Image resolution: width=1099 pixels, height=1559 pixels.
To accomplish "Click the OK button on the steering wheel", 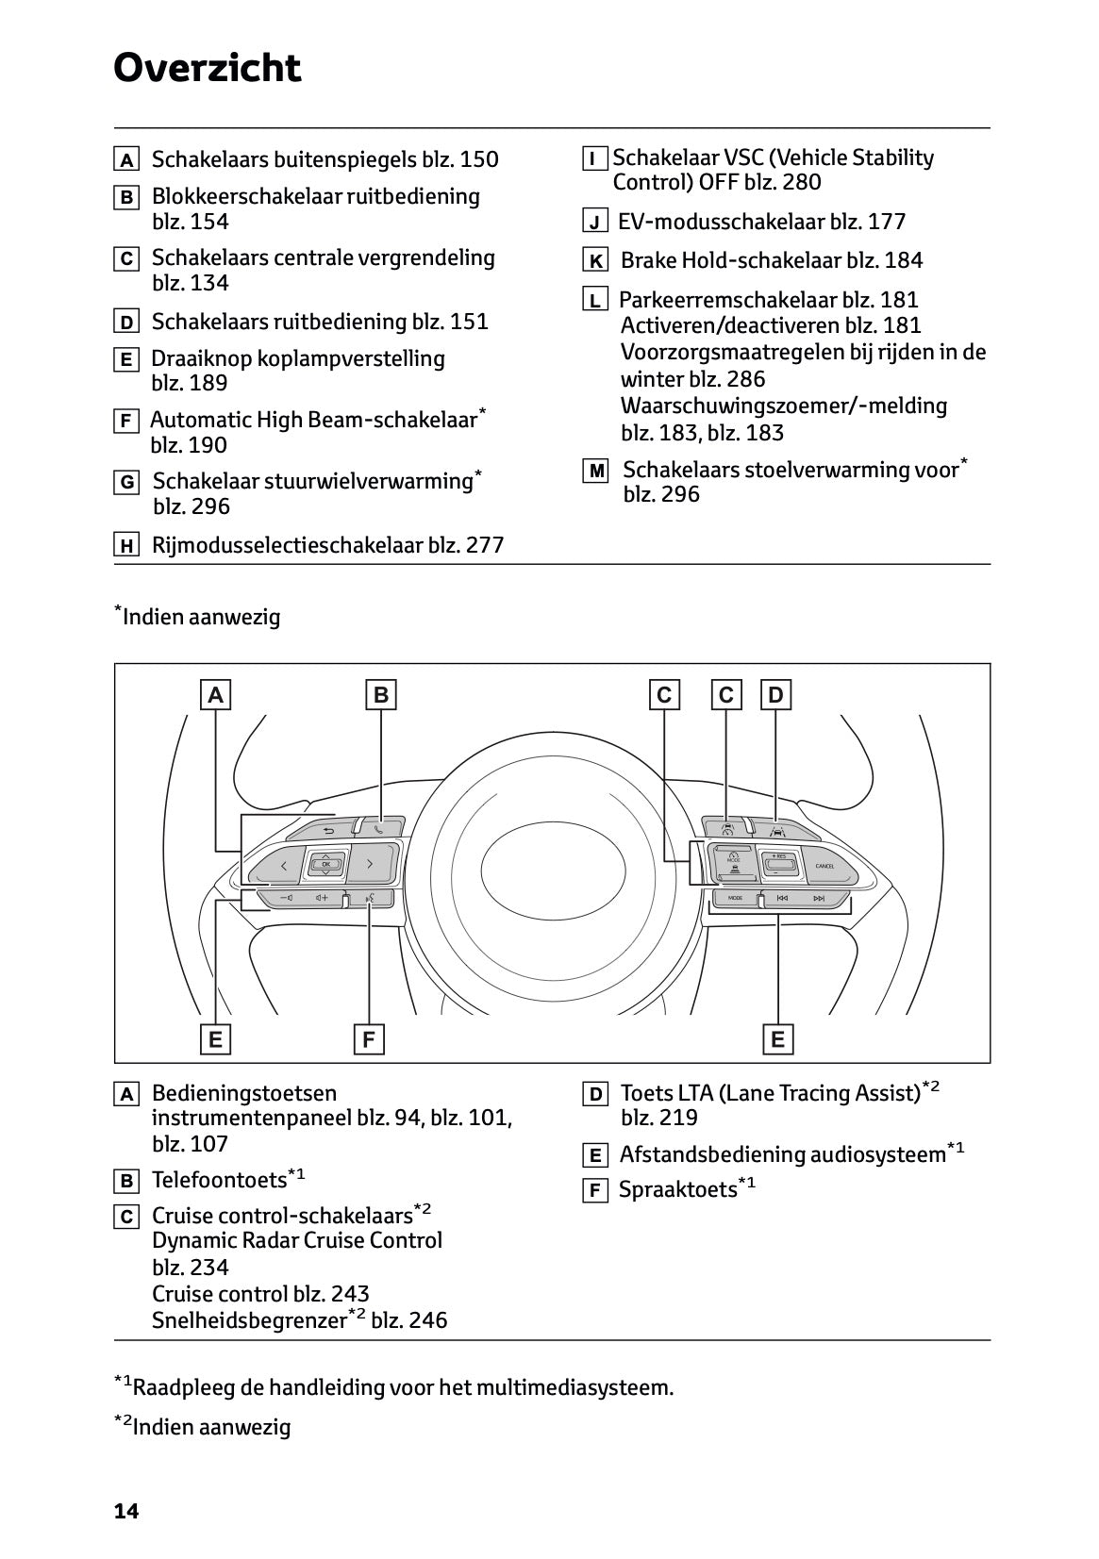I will click(325, 864).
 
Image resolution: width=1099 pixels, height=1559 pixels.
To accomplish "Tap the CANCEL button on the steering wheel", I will click(824, 866).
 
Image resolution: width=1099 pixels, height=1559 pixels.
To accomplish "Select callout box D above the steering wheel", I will click(775, 695).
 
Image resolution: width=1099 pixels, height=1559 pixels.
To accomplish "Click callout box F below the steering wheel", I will click(368, 1039).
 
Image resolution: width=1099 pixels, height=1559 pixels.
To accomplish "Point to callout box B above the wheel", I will click(380, 695).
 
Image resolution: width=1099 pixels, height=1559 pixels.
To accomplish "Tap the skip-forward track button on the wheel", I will click(819, 898).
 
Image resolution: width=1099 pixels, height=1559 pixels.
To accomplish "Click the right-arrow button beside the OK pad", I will click(371, 864).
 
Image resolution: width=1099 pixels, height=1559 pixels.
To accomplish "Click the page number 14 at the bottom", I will click(125, 1511).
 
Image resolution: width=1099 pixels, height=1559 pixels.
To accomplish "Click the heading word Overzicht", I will click(207, 68).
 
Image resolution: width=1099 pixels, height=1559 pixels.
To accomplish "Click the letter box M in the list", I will click(595, 471).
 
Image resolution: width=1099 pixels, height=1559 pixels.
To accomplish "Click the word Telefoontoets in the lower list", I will click(219, 1180).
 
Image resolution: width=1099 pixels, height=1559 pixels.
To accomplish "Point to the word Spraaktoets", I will click(677, 1190).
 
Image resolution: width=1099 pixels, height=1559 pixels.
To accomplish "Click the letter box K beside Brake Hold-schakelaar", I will click(595, 261).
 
